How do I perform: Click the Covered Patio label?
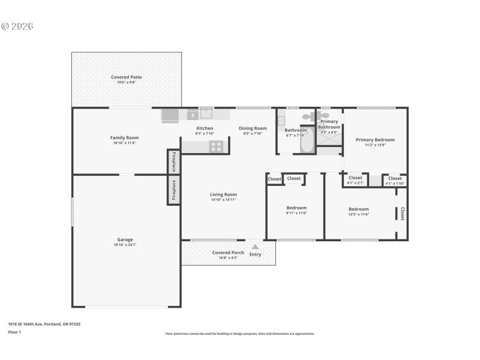tap(126, 77)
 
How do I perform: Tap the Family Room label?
tap(124, 137)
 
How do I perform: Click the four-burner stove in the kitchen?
tap(216, 146)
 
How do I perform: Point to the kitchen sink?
tap(206, 114)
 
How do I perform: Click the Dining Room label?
tap(253, 128)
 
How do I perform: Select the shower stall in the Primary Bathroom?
tap(328, 137)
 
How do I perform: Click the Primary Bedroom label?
tap(375, 140)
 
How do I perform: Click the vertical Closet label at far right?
tap(403, 214)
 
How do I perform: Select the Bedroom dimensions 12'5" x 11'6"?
tap(359, 214)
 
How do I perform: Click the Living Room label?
tap(223, 194)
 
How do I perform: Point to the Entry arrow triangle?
tap(255, 247)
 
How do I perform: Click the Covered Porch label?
tap(228, 253)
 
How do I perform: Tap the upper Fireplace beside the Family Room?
tap(173, 161)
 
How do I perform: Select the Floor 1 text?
tap(14, 332)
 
